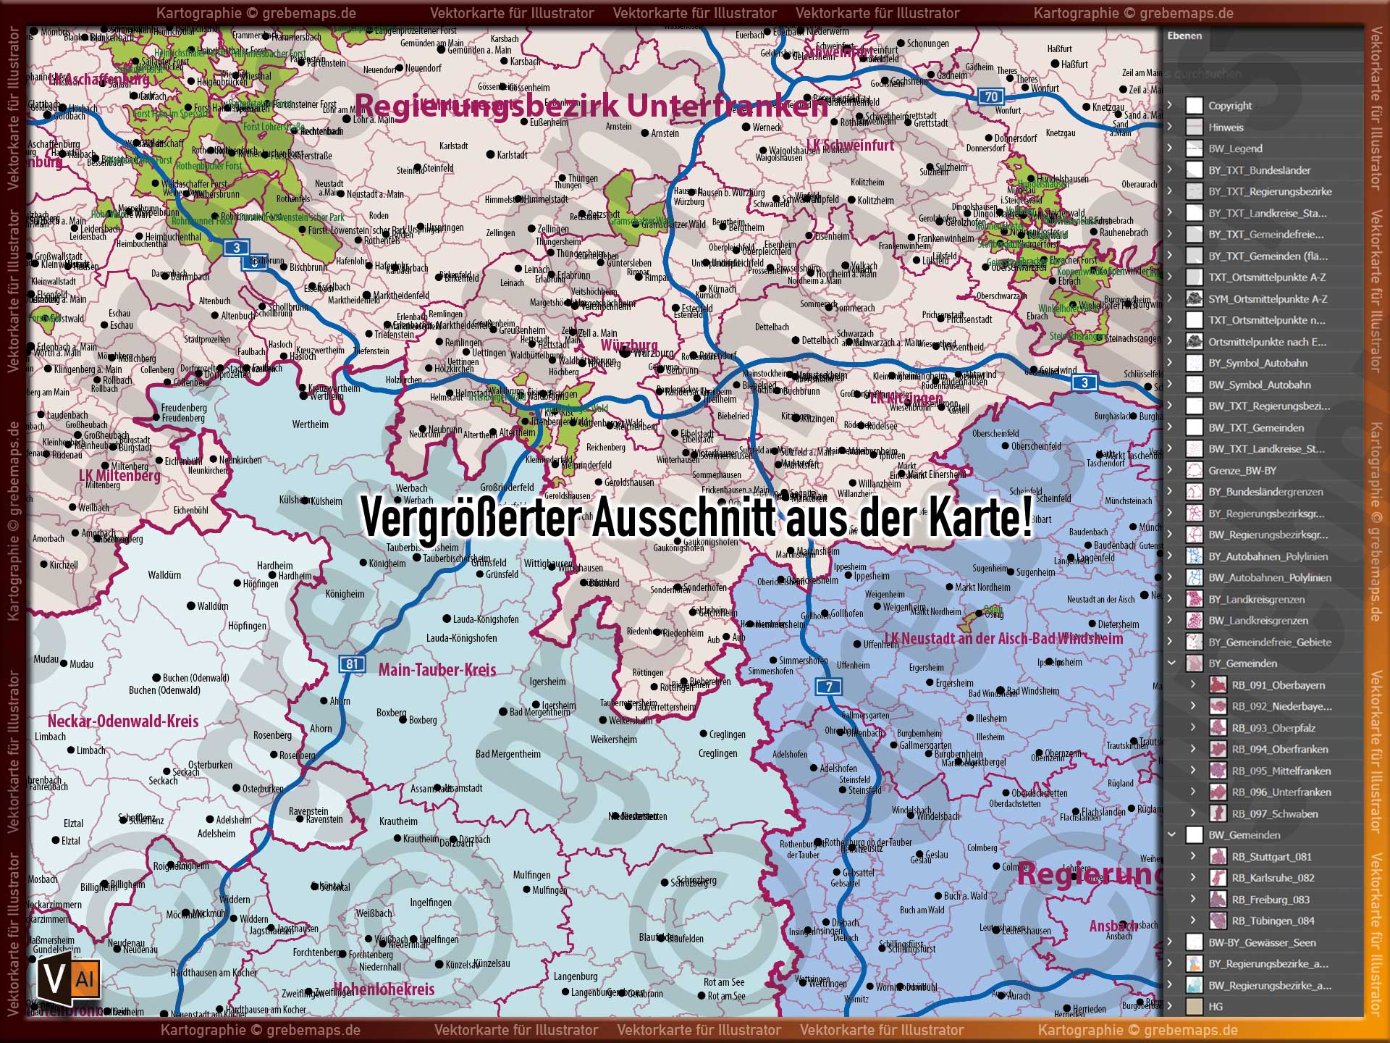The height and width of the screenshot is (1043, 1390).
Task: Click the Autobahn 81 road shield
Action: pyautogui.click(x=352, y=664)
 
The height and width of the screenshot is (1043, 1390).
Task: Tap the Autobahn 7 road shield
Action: pyautogui.click(x=829, y=687)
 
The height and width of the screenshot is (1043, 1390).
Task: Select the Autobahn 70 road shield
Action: pyautogui.click(x=990, y=96)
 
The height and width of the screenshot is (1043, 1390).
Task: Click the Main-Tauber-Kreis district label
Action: pyautogui.click(x=437, y=670)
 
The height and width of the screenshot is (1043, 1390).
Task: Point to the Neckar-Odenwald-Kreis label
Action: pyautogui.click(x=123, y=721)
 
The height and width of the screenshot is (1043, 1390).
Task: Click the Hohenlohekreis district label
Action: pyautogui.click(x=384, y=989)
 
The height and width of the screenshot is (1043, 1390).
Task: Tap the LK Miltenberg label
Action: pyautogui.click(x=119, y=476)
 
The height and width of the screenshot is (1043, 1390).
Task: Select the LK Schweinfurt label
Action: pyautogui.click(x=851, y=146)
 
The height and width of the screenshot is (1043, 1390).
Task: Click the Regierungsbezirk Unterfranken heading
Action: pyautogui.click(x=590, y=106)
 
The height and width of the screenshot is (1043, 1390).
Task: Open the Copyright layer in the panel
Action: pyautogui.click(x=1229, y=106)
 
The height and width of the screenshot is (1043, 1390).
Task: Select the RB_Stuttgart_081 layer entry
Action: pyautogui.click(x=1271, y=857)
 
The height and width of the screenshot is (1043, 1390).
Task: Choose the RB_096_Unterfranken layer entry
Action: pyautogui.click(x=1281, y=792)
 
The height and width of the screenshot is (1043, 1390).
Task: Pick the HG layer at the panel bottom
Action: pyautogui.click(x=1216, y=1007)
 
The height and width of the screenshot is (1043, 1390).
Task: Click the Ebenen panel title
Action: pyautogui.click(x=1184, y=35)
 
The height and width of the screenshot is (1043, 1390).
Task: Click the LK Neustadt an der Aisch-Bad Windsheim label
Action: pyautogui.click(x=1003, y=639)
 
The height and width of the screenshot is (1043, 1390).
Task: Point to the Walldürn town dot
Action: pyautogui.click(x=191, y=606)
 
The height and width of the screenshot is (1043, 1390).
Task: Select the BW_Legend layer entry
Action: pyautogui.click(x=1235, y=148)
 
